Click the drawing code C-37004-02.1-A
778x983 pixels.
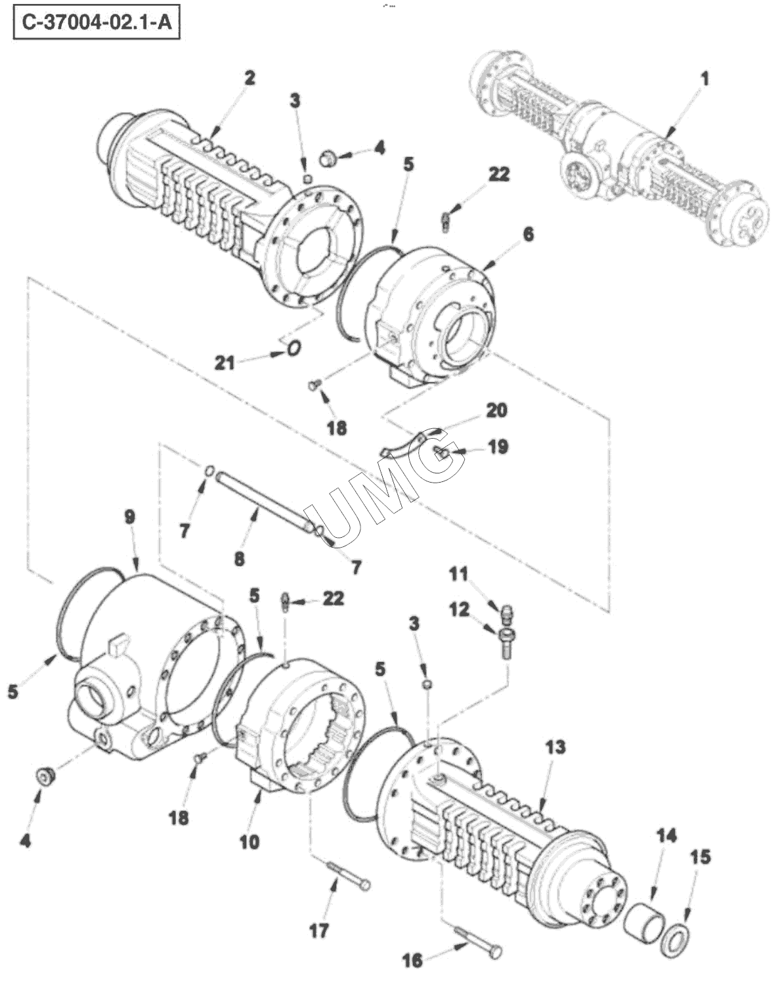pos(97,22)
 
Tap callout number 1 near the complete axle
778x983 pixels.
pos(705,79)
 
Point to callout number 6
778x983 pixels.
pos(528,235)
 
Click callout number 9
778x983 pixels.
pos(130,517)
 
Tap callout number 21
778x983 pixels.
pos(225,364)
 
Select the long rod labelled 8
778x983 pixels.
pos(264,502)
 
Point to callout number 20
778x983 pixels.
pos(496,410)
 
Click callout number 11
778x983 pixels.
pos(459,574)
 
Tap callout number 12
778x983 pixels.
pos(459,609)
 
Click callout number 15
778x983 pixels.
pos(701,858)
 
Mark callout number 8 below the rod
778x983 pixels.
pos(240,559)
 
